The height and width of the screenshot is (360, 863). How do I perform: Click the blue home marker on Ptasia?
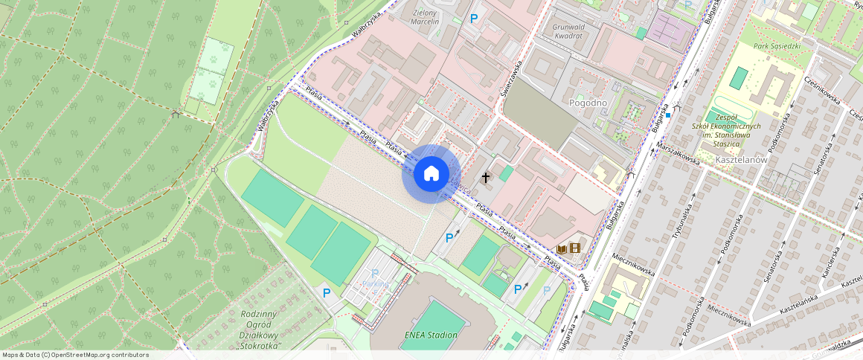point(431,174)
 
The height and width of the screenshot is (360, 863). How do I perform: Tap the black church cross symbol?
point(486,178)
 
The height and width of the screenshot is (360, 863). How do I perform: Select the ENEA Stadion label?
point(431,335)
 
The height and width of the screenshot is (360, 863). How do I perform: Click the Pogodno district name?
point(588,102)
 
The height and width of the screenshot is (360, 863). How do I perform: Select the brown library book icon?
point(562,248)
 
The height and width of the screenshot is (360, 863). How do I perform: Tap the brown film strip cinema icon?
point(574,248)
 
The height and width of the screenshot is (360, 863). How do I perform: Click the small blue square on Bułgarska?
point(669,115)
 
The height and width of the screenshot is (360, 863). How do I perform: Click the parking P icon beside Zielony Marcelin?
point(473,19)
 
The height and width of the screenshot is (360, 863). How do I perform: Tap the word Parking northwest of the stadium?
point(375,284)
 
